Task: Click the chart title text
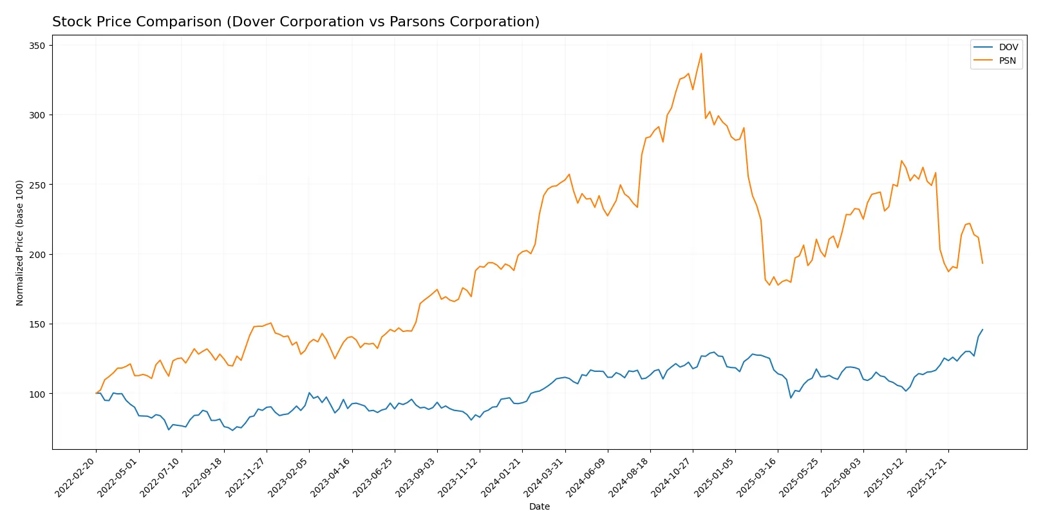[296, 22]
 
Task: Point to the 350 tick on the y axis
[37, 46]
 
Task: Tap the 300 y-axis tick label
[37, 115]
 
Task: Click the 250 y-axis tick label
[37, 185]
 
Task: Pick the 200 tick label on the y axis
[37, 255]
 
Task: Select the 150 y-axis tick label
[37, 324]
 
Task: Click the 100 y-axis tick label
[37, 394]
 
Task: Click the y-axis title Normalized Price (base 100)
[20, 243]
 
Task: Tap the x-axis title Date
[539, 506]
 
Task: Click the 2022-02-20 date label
[77, 477]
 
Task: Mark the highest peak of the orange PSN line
[701, 53]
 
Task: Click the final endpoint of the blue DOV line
[982, 329]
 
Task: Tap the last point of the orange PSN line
[982, 263]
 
